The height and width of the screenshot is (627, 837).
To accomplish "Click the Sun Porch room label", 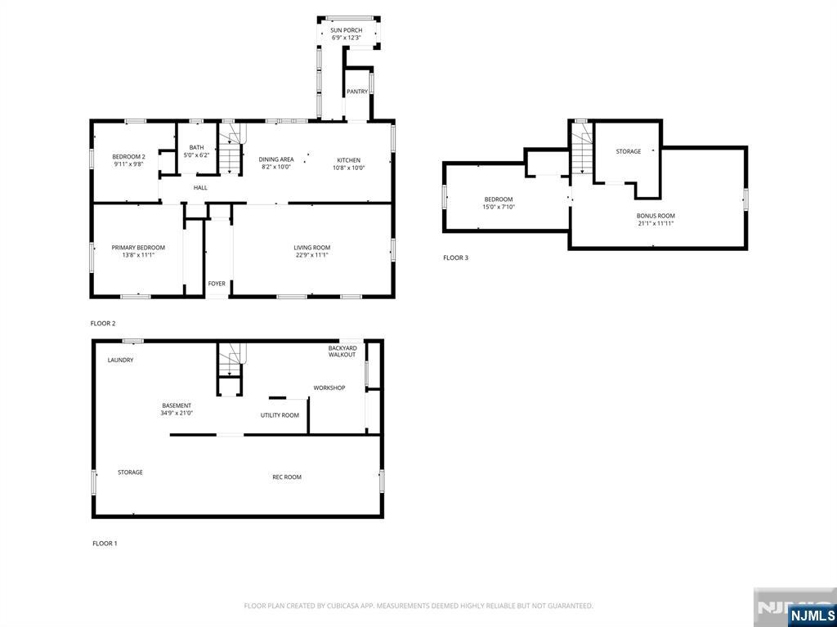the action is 346,30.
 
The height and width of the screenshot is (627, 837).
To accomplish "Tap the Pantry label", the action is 357,92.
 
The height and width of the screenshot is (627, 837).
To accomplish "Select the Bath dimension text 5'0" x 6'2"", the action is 196,155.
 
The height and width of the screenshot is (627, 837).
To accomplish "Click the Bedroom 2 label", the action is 128,156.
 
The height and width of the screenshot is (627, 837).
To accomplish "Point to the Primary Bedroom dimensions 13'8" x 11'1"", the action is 138,255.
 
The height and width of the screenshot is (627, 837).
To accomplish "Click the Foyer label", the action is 217,284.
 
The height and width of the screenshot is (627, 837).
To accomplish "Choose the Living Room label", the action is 311,248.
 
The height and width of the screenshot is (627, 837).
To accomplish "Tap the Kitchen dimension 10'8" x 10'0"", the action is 348,168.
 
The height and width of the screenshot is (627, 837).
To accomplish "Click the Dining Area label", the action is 276,159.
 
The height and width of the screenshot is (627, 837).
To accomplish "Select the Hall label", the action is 200,187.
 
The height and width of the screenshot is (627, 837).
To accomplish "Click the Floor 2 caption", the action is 103,323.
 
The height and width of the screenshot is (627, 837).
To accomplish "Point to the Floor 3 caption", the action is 456,258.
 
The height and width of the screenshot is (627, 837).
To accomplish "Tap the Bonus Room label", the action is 656,216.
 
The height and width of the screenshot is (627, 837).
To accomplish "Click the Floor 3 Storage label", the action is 629,152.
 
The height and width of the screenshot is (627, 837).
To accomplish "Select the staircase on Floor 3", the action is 582,149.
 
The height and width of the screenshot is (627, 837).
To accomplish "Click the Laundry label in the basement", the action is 121,360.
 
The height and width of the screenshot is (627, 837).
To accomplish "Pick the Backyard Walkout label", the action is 342,352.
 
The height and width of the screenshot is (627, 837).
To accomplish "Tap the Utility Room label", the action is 280,415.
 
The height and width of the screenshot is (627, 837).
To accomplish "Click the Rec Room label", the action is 287,477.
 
